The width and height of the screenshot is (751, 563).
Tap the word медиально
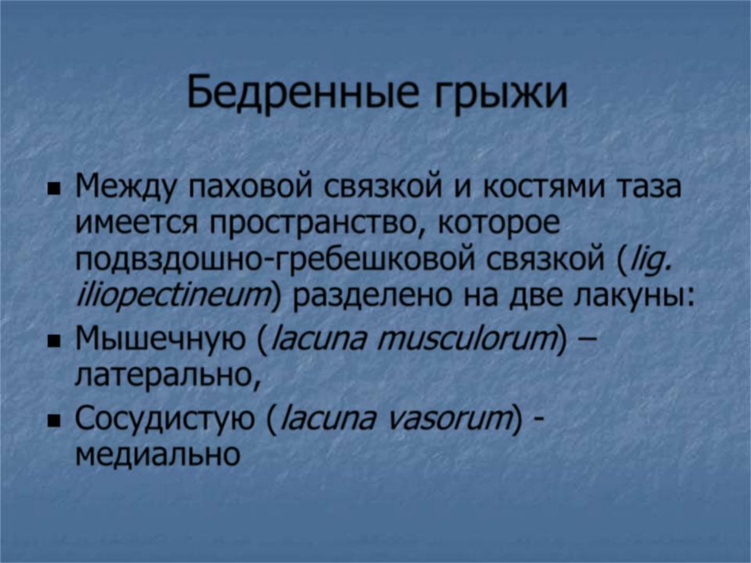(158, 454)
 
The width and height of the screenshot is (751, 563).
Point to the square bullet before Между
(55, 190)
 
